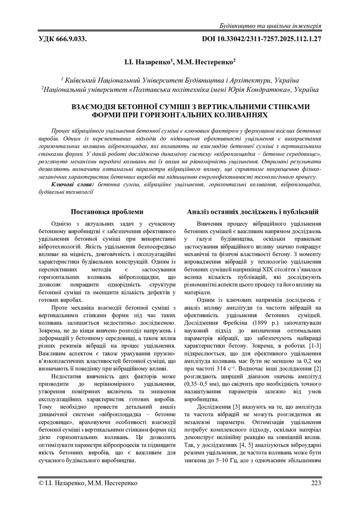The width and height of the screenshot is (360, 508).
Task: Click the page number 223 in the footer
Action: click(316, 483)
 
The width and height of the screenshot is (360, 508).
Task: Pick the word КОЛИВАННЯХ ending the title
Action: click(238, 115)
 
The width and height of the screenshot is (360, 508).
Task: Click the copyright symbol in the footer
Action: click(41, 483)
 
